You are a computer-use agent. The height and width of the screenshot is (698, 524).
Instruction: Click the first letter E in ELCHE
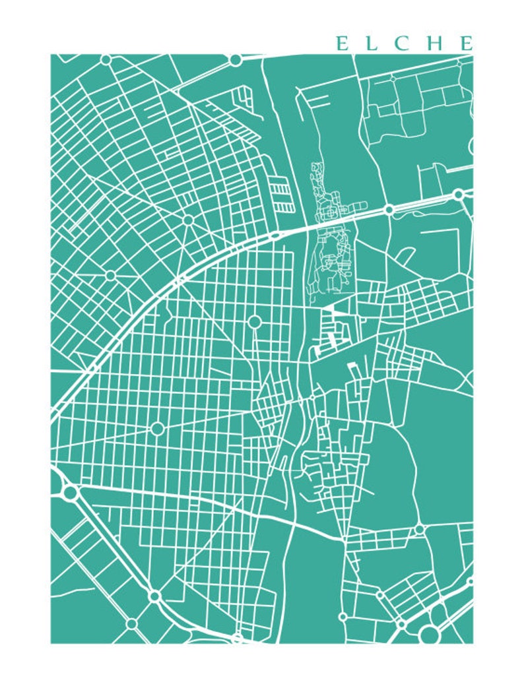[x=342, y=44]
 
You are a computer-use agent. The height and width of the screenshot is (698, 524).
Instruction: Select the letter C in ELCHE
[x=405, y=44]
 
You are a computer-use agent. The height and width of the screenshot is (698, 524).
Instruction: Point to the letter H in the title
[x=436, y=44]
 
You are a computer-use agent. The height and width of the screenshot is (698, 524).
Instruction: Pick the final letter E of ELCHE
[x=467, y=44]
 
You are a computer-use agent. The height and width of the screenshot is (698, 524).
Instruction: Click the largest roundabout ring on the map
[x=430, y=635]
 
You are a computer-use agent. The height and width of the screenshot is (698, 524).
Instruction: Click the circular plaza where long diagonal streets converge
[x=157, y=429]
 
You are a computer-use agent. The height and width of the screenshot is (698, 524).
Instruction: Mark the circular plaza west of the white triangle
[x=255, y=322]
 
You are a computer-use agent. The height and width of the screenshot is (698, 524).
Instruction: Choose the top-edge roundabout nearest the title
[x=235, y=60]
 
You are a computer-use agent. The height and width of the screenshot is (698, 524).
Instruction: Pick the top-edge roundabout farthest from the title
[x=106, y=60]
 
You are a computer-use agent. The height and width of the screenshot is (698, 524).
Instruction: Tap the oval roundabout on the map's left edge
[x=70, y=492]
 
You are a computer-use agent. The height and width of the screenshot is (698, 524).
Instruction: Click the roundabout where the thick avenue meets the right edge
[x=459, y=195]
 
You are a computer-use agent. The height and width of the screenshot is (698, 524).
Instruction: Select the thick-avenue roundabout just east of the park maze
[x=389, y=210]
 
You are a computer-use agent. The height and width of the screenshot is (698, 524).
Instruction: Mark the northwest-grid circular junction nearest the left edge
[x=110, y=274]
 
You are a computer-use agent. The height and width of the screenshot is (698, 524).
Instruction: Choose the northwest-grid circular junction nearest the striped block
[x=188, y=220]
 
